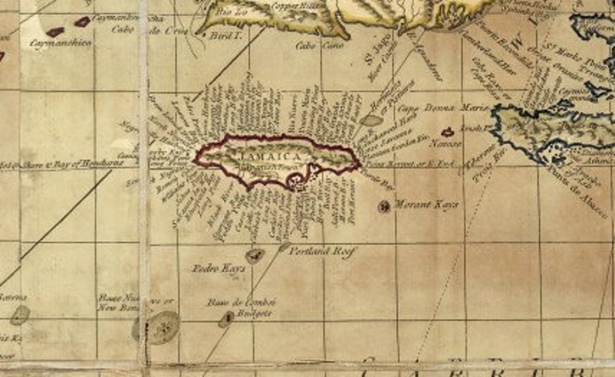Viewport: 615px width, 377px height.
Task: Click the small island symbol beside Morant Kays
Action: pyautogui.click(x=384, y=206)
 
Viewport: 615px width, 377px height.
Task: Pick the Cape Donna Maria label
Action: pyautogui.click(x=437, y=107)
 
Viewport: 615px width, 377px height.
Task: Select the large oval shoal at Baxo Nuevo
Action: pyautogui.click(x=162, y=327)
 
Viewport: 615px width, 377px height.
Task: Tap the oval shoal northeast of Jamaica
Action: pyautogui.click(x=371, y=120)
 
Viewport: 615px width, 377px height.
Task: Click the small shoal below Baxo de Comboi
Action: pyautogui.click(x=226, y=320)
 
